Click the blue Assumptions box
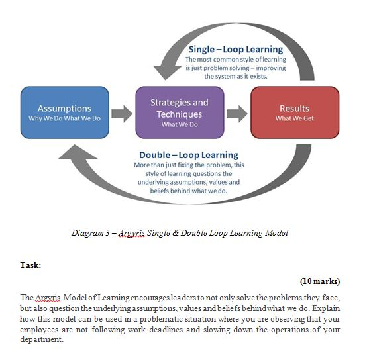pos(64,113)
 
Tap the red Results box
pos(294,113)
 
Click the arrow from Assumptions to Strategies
pos(121,113)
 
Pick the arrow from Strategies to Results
pos(235,113)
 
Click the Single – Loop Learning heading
pos(236,50)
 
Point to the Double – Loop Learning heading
pos(189,156)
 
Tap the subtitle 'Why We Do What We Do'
pos(64,119)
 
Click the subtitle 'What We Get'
pos(294,119)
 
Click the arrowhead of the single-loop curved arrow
pos(162,69)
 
